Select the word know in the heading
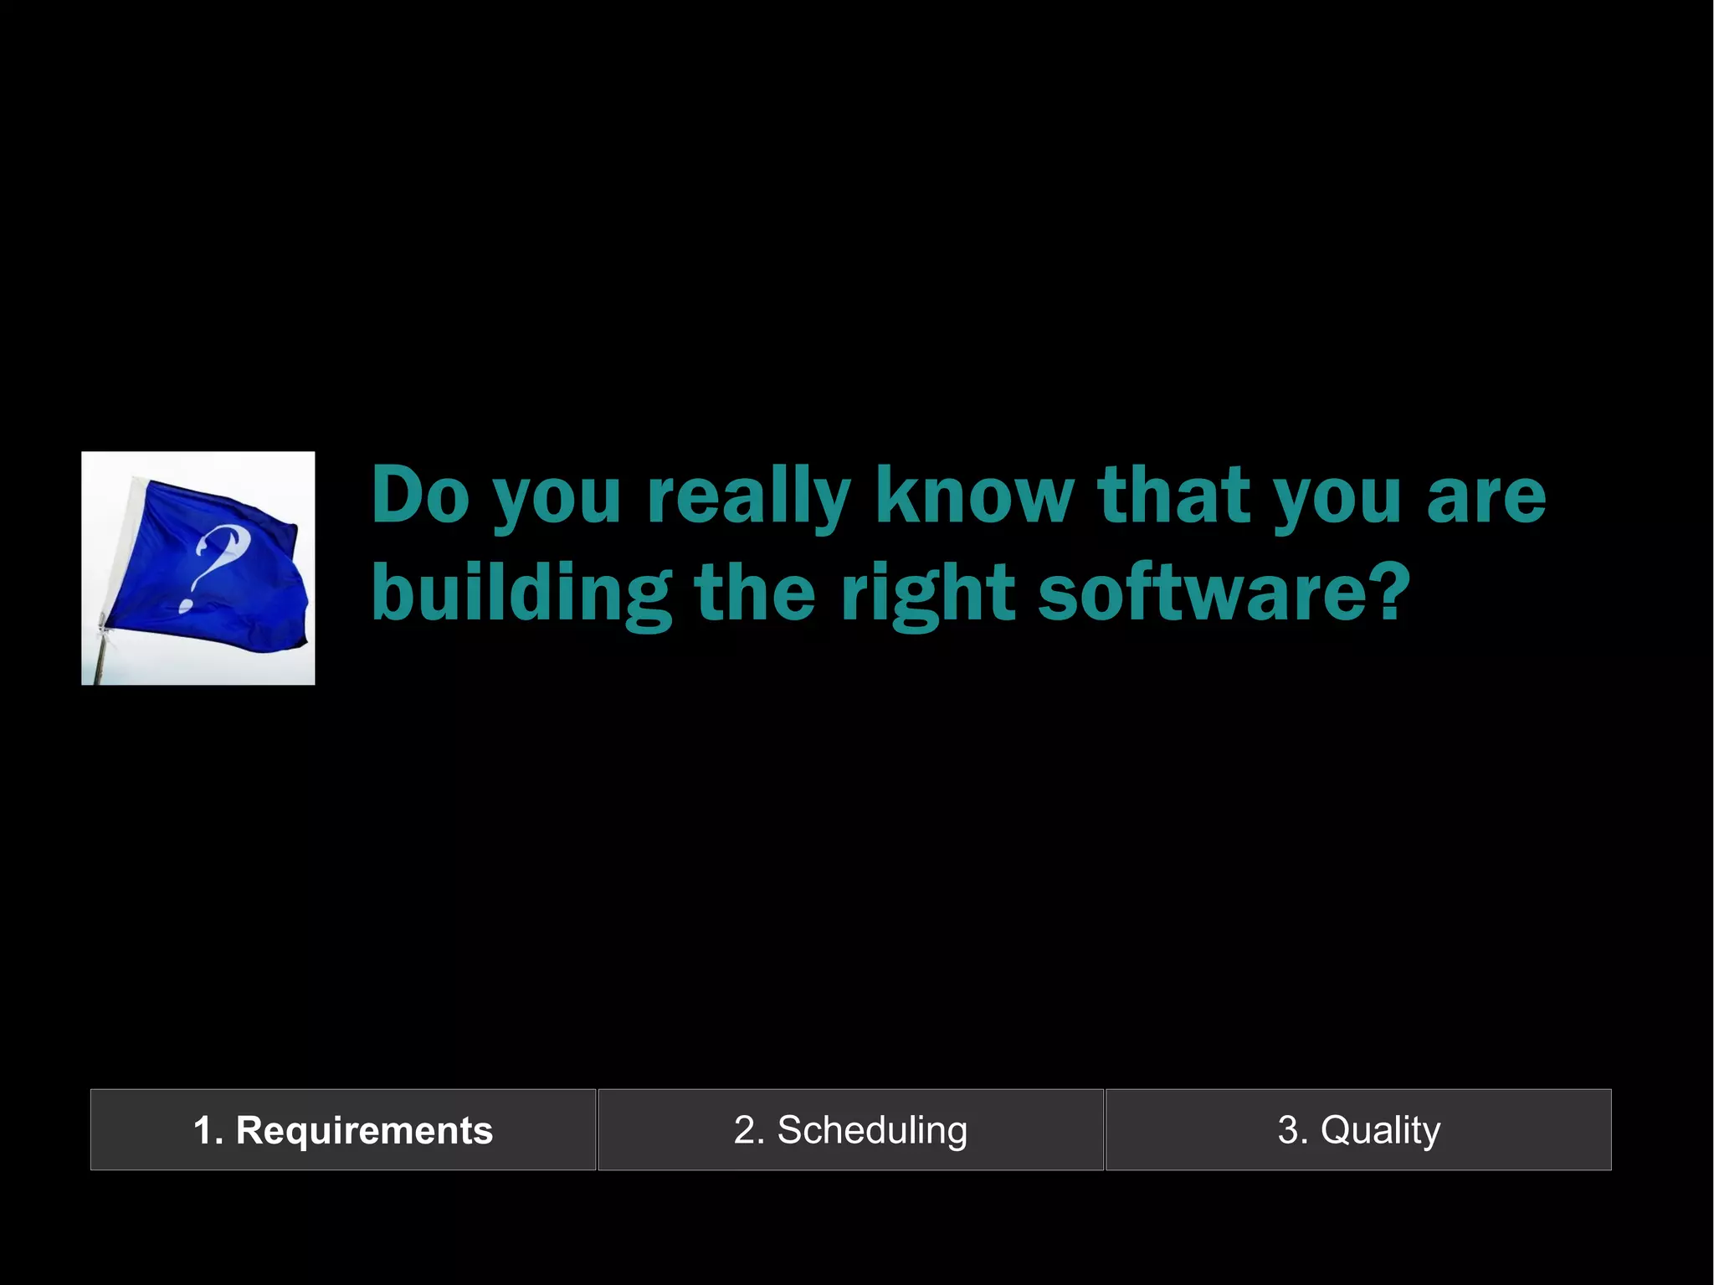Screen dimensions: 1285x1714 (974, 495)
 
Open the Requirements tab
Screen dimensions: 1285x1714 (343, 1130)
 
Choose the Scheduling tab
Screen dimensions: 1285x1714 (850, 1130)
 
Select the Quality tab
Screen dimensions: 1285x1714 (1358, 1130)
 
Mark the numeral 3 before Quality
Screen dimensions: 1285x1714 (1287, 1130)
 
